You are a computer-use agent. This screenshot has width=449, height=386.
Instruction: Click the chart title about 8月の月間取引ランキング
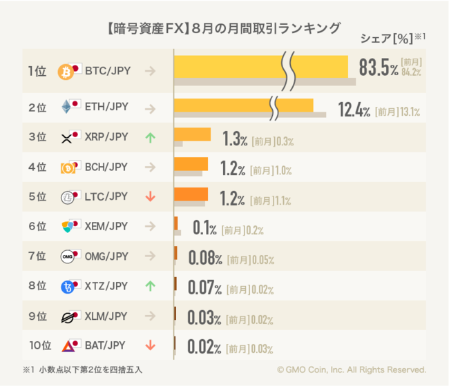pyautogui.click(x=224, y=28)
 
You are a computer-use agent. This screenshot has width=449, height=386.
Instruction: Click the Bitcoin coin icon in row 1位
pyautogui.click(x=66, y=71)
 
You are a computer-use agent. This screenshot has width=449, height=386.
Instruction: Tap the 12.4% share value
pyautogui.click(x=354, y=110)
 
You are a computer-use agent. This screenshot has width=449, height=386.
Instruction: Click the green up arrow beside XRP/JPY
pyautogui.click(x=150, y=137)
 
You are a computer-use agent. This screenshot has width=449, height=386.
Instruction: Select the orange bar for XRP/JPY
pyautogui.click(x=192, y=134)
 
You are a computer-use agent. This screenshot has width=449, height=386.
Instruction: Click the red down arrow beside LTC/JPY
pyautogui.click(x=150, y=196)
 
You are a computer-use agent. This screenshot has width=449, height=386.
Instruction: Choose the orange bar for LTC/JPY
pyautogui.click(x=191, y=194)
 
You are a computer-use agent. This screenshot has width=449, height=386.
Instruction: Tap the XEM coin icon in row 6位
pyautogui.click(x=66, y=226)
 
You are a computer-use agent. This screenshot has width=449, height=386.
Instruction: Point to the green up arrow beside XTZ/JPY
pyautogui.click(x=150, y=285)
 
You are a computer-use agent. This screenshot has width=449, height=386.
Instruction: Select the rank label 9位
pyautogui.click(x=37, y=316)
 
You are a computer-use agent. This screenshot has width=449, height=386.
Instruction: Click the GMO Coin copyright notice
pyautogui.click(x=352, y=369)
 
